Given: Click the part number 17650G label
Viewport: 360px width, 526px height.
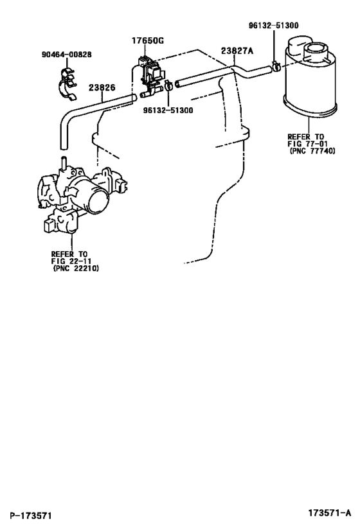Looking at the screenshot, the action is point(147,41).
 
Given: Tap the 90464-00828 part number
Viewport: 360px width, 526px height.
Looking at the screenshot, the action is point(66,55).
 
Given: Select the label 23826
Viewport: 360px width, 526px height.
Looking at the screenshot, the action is point(102,88).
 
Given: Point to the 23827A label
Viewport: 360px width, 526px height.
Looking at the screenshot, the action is point(237,51).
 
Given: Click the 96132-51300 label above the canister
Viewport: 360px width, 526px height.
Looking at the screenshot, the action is point(273,26).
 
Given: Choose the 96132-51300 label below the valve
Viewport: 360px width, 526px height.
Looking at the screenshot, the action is point(168,110).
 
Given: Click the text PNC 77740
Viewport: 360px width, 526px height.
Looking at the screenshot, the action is point(312,152).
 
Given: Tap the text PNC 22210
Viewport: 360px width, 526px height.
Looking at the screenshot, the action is point(76,268).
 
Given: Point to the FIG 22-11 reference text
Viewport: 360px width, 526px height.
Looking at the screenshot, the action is point(71,261).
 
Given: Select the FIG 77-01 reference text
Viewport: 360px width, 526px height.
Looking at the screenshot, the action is point(308,144).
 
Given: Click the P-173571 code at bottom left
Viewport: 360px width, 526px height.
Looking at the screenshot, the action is point(30,515).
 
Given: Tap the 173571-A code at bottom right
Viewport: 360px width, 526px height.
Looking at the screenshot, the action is point(330,513).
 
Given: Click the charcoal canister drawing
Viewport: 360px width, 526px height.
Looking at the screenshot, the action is point(310,76).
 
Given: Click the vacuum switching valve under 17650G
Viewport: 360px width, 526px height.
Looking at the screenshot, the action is point(151,76).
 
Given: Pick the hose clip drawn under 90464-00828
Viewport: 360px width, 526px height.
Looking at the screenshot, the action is point(68,84).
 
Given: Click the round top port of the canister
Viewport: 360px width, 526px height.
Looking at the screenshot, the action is point(315,51).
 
